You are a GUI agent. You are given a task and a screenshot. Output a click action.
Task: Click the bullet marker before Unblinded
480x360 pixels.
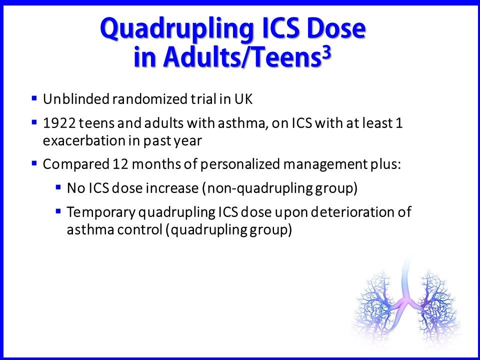(x=34, y=98)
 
